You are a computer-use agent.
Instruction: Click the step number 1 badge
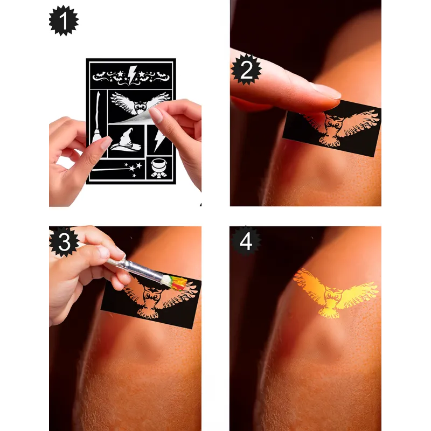pyautogui.click(x=64, y=20)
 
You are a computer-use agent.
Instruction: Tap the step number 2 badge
pyautogui.click(x=246, y=69)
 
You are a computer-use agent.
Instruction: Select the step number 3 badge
pyautogui.click(x=64, y=242)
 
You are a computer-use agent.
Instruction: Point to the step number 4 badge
pyautogui.click(x=246, y=241)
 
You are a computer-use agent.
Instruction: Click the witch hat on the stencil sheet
pyautogui.click(x=126, y=140)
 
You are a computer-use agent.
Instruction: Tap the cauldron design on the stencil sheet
pyautogui.click(x=159, y=168)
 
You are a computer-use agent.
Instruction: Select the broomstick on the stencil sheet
pyautogui.click(x=97, y=118)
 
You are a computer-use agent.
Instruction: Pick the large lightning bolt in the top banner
pyautogui.click(x=132, y=75)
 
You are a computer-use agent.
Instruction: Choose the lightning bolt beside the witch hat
pyautogui.click(x=159, y=141)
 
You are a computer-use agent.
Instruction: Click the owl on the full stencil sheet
pyautogui.click(x=140, y=104)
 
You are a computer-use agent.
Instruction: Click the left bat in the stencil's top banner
pyautogui.click(x=99, y=75)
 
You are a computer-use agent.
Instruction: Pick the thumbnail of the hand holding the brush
pyautogui.click(x=103, y=252)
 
